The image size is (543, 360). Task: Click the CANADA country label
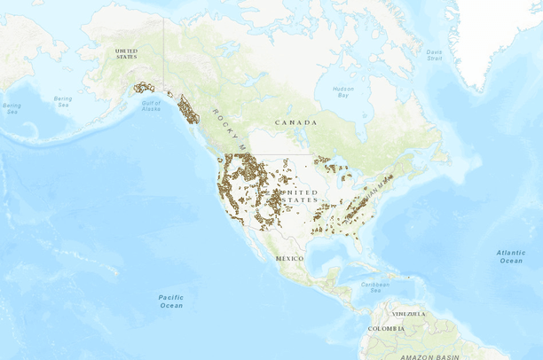pos(295,121)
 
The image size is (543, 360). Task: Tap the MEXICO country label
pos(289,257)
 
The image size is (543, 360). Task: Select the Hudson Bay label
pos(343,91)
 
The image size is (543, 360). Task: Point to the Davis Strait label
pos(434,54)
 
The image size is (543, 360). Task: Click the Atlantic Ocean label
pos(510,256)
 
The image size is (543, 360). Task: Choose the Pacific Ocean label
pos(171,301)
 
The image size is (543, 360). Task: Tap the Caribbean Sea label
pos(376,287)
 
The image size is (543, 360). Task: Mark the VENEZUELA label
pos(409,313)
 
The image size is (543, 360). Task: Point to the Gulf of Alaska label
pos(151,106)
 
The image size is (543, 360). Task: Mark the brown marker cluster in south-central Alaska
pos(143,88)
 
